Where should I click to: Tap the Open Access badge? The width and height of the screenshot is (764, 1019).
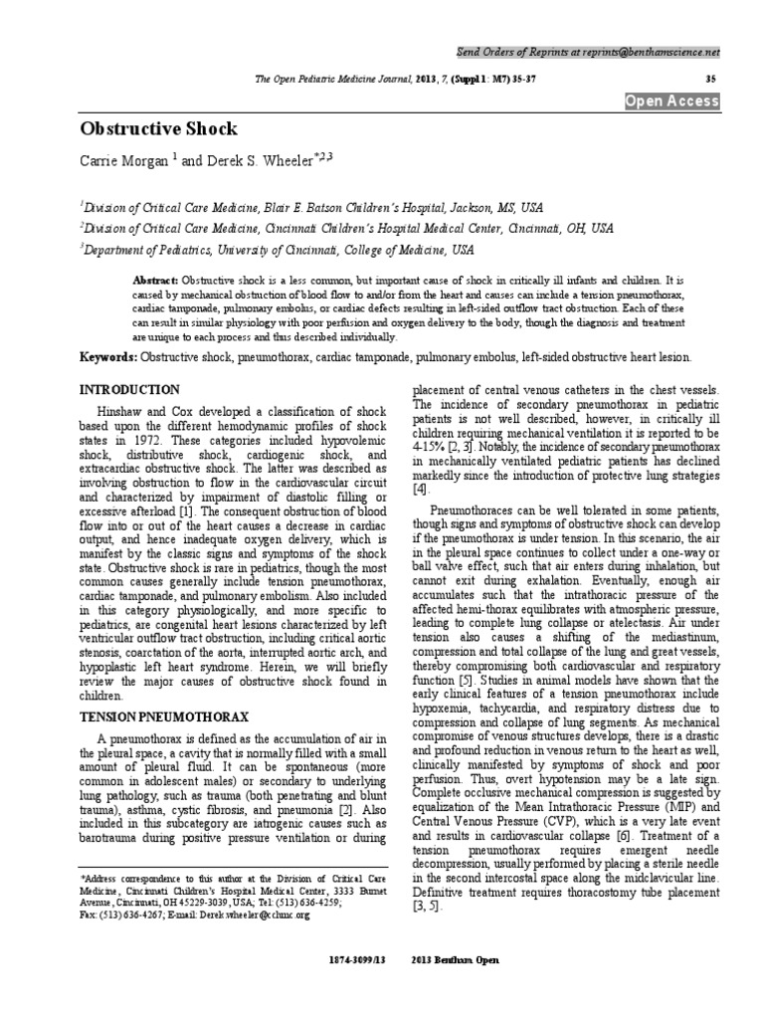[x=671, y=102]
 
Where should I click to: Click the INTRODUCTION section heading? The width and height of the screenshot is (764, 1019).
[x=130, y=389]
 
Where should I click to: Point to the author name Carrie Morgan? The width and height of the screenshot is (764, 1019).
[x=125, y=160]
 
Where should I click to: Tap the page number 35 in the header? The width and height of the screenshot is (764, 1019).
[x=710, y=78]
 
